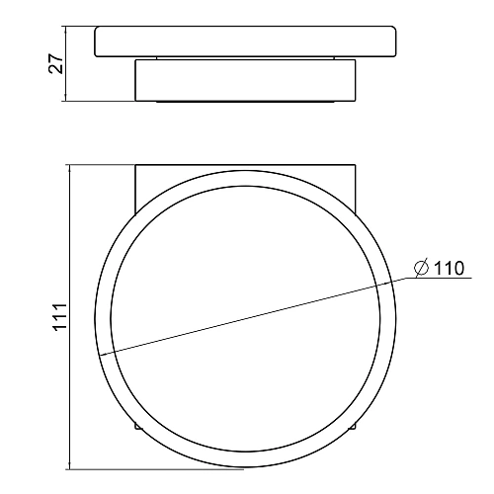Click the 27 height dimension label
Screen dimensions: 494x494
56,63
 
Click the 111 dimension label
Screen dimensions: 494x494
60,317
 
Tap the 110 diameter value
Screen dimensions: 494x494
449,268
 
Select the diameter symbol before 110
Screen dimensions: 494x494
422,268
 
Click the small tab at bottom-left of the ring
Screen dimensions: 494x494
138,426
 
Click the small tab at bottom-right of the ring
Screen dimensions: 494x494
352,426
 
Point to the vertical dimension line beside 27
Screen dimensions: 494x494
66,63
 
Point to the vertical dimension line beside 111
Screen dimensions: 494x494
70,317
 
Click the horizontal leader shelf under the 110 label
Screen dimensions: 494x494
439,279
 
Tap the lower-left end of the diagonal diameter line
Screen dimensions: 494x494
100,356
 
